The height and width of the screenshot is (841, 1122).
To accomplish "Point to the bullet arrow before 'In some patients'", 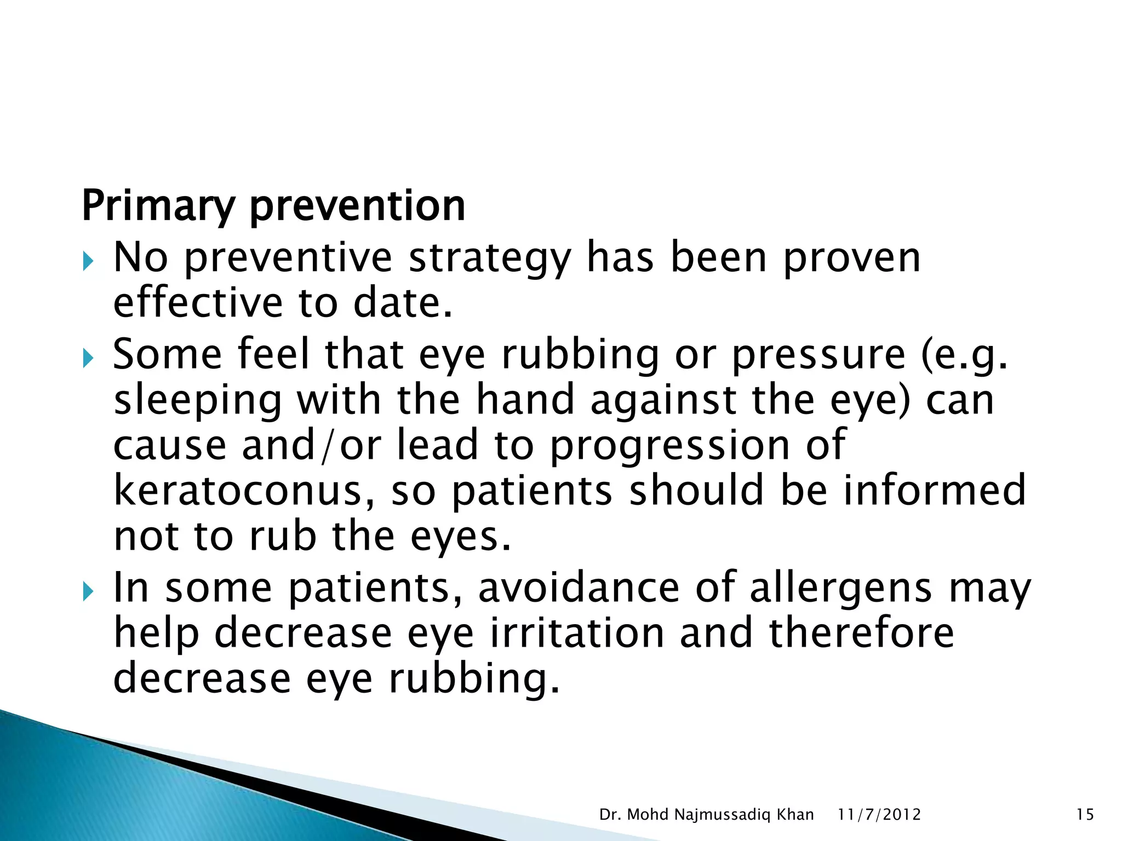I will (88, 592).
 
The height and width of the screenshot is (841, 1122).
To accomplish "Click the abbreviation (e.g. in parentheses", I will (964, 355).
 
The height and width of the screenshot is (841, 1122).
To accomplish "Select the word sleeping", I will (198, 400).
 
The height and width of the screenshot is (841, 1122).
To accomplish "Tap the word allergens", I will (840, 589).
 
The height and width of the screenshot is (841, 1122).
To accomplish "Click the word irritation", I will (577, 633).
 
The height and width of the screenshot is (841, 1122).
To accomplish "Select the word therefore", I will (861, 633).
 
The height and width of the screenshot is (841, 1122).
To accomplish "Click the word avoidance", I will (579, 589).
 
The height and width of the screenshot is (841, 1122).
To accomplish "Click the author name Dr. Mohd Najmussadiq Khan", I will (706, 815).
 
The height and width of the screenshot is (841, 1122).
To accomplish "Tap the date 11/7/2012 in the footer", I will (879, 815).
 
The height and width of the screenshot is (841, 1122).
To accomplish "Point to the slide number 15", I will (1085, 815).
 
